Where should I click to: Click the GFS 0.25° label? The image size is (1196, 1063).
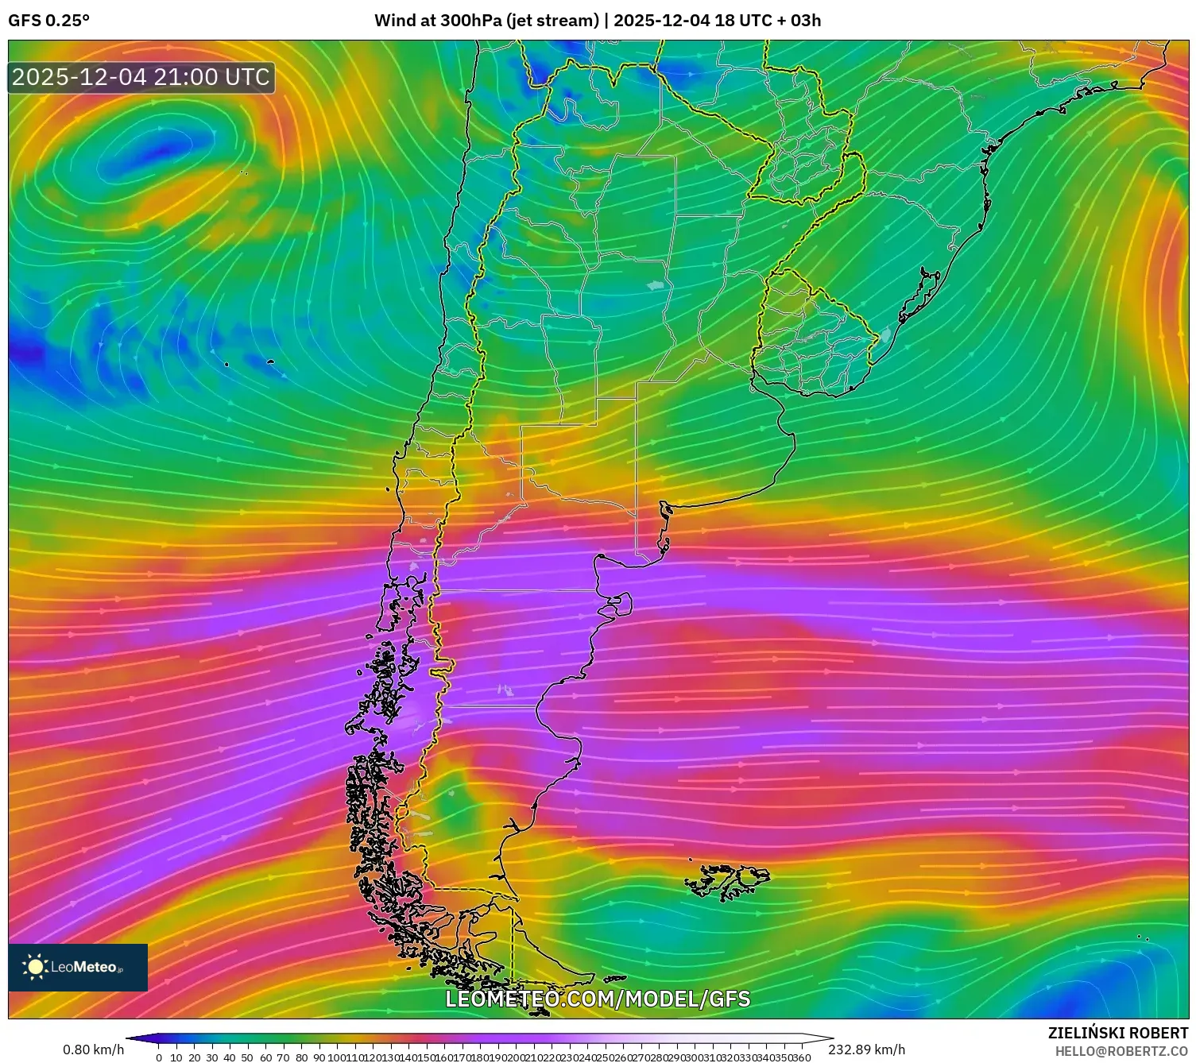pos(48,21)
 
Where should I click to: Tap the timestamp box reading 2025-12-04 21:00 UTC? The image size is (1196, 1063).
pos(141,77)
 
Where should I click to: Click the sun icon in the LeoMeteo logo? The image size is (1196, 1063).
pos(35,966)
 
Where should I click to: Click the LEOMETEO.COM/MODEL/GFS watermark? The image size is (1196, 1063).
pos(598,999)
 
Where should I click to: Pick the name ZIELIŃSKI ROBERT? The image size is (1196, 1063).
pos(1118,1033)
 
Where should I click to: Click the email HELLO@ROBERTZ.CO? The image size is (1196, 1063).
pos(1121,1050)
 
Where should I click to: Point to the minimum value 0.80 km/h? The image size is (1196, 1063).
pos(93,1050)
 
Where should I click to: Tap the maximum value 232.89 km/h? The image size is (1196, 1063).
pos(866,1050)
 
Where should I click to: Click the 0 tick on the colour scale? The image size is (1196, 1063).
pos(159,1057)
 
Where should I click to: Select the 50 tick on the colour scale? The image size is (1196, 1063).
pos(248,1057)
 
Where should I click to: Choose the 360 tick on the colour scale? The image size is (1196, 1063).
pos(801,1057)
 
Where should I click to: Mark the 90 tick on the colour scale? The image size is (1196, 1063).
pos(319,1057)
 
